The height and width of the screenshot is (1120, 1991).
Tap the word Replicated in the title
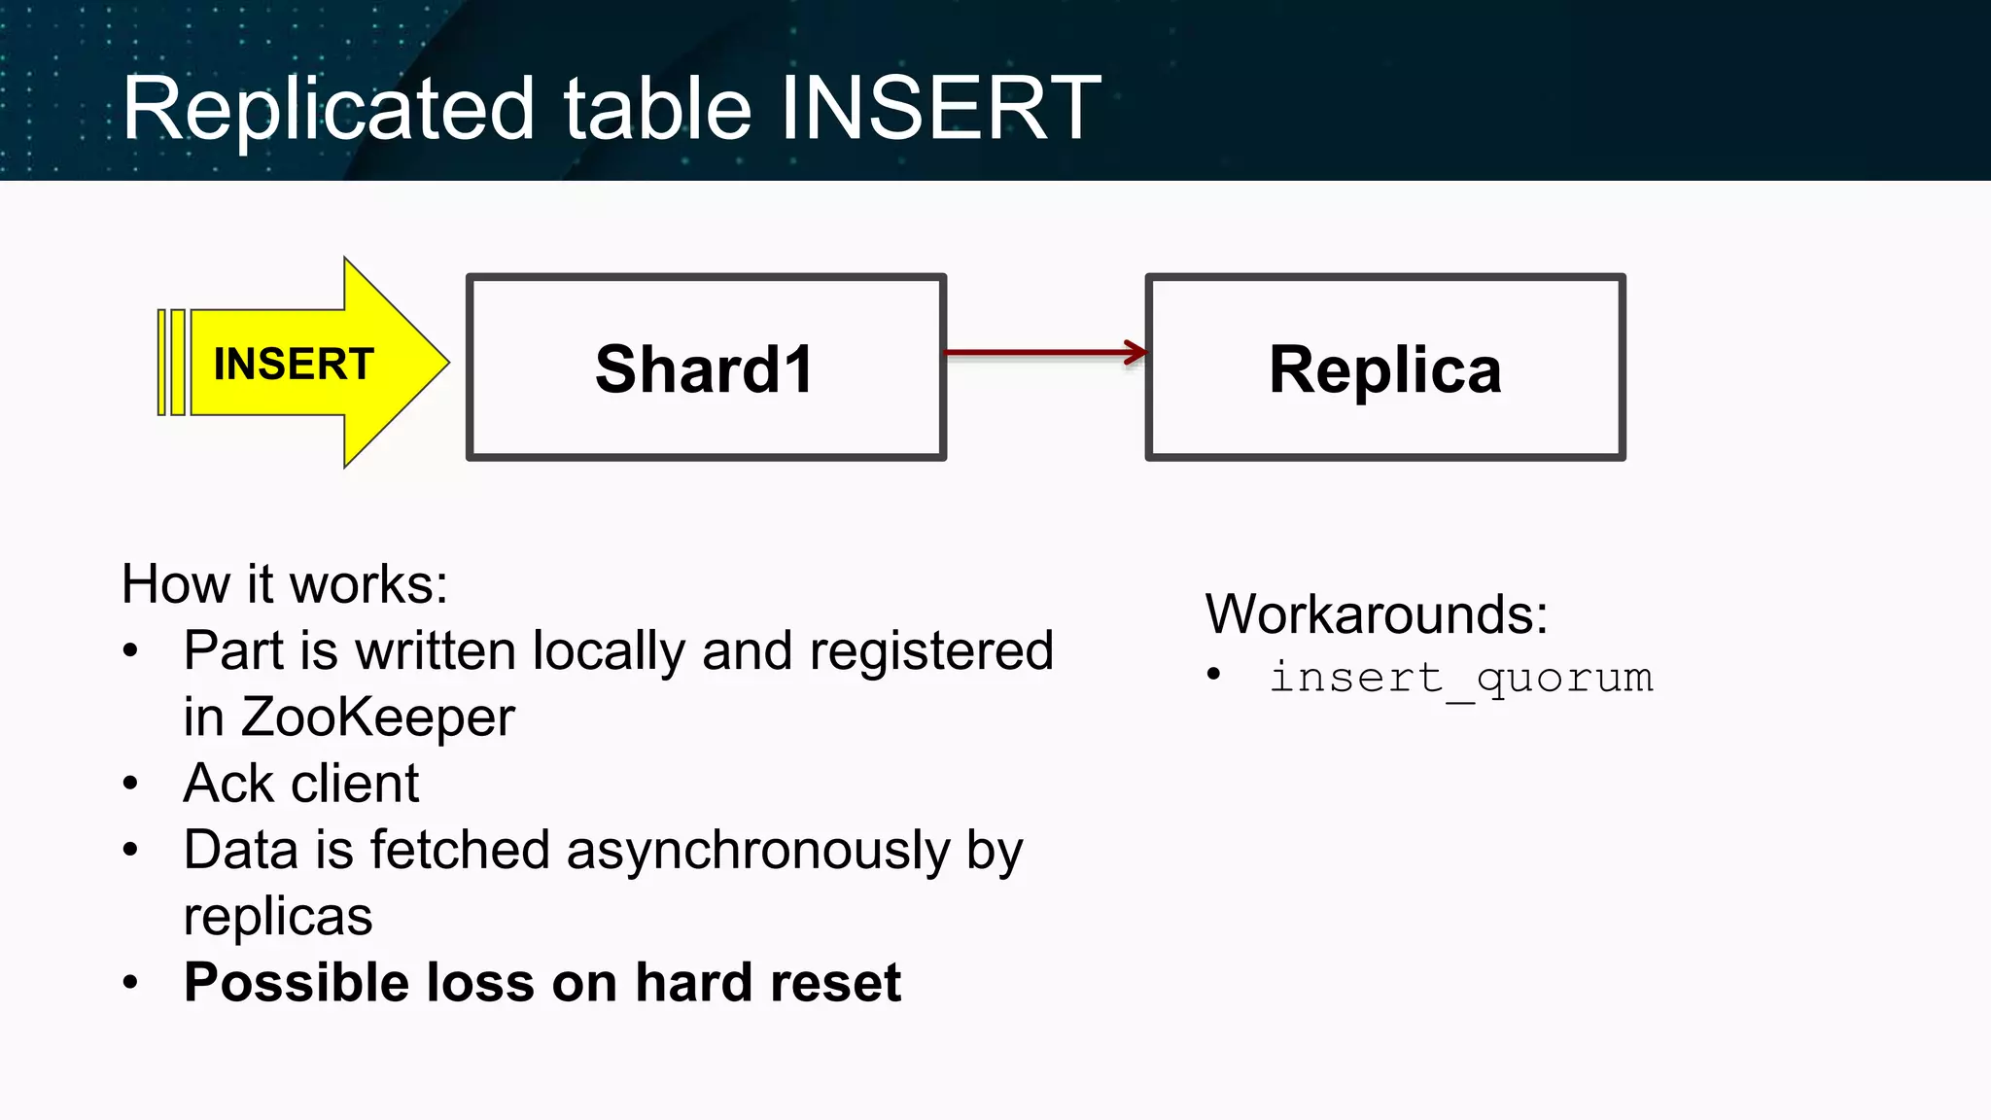329,109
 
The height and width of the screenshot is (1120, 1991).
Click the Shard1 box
706,368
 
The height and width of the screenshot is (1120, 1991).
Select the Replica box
1384,368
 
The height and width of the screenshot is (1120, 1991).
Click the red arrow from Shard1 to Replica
1044,353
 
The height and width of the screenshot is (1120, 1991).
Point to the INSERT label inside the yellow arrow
294,365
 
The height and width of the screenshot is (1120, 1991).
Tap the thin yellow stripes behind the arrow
171,363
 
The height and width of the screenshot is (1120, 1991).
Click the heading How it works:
284,584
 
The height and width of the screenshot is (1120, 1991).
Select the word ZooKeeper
377,717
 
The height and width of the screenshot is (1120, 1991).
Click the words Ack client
301,784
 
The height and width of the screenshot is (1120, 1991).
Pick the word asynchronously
758,851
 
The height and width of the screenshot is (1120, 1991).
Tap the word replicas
278,916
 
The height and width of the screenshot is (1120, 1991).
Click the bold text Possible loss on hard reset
542,982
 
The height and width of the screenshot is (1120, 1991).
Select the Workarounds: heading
1376,614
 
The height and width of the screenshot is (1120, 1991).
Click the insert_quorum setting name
1460,677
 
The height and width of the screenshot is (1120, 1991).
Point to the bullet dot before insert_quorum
1213,675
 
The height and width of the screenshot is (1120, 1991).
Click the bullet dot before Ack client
131,784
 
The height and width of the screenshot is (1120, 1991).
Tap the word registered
930,650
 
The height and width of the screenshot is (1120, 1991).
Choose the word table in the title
657,109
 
